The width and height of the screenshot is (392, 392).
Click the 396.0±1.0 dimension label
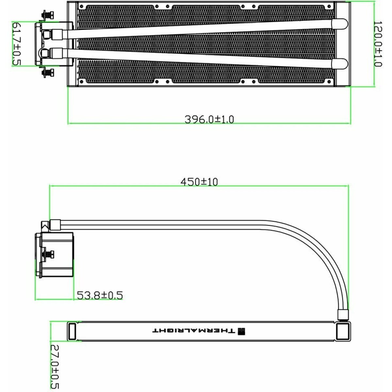[x=209, y=120]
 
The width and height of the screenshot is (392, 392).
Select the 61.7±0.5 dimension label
[x=17, y=44]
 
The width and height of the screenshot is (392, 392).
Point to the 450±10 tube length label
[x=199, y=182]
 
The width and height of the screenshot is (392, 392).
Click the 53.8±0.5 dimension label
[x=100, y=295]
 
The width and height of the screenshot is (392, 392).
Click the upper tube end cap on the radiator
[x=339, y=24]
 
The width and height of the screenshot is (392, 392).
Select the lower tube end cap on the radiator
[x=339, y=64]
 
